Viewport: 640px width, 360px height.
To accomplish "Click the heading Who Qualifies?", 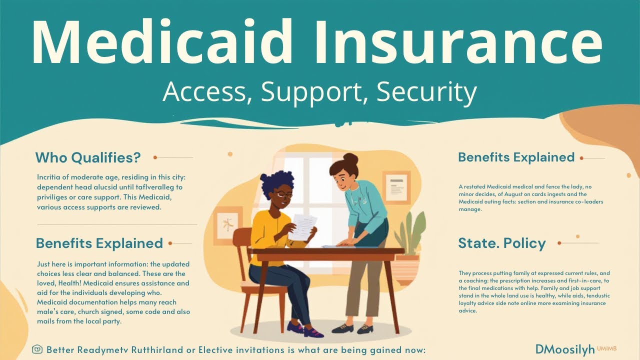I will (x=88, y=158).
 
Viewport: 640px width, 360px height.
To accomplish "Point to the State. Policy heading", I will (x=501, y=243).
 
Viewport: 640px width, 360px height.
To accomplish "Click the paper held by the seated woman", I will (x=303, y=226).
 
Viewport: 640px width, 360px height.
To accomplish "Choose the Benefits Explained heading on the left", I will (x=99, y=243).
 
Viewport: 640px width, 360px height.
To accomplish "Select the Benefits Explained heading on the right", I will (x=516, y=157).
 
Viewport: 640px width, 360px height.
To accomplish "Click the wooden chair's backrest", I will (x=243, y=250).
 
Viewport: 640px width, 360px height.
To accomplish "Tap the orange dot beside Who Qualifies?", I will (x=155, y=157).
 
